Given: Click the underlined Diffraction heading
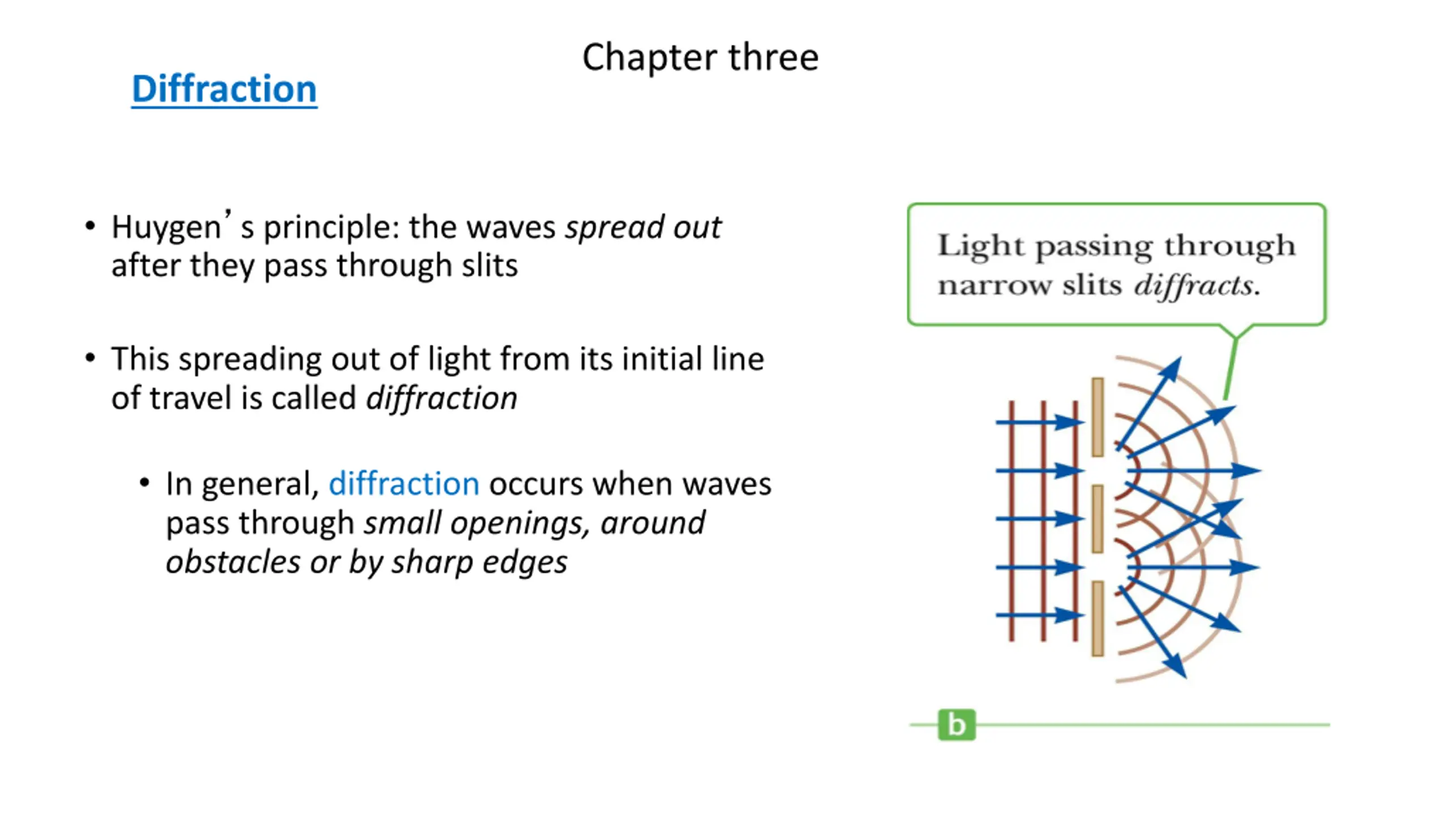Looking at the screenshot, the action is coord(224,89).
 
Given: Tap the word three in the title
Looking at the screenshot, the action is coord(773,57).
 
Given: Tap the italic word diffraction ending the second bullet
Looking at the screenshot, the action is coord(441,398).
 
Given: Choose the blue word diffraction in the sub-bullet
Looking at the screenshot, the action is coord(404,484).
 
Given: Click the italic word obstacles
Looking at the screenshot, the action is coord(233,562).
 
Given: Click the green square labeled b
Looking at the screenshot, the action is coord(957,724).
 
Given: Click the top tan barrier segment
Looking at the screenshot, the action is coord(1098,417).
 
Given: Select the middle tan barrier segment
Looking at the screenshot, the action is coord(1098,519).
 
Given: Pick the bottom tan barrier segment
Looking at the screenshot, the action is coord(1098,619).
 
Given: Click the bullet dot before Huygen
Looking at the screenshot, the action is coord(90,226).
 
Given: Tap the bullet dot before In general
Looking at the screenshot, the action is coord(144,483).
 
